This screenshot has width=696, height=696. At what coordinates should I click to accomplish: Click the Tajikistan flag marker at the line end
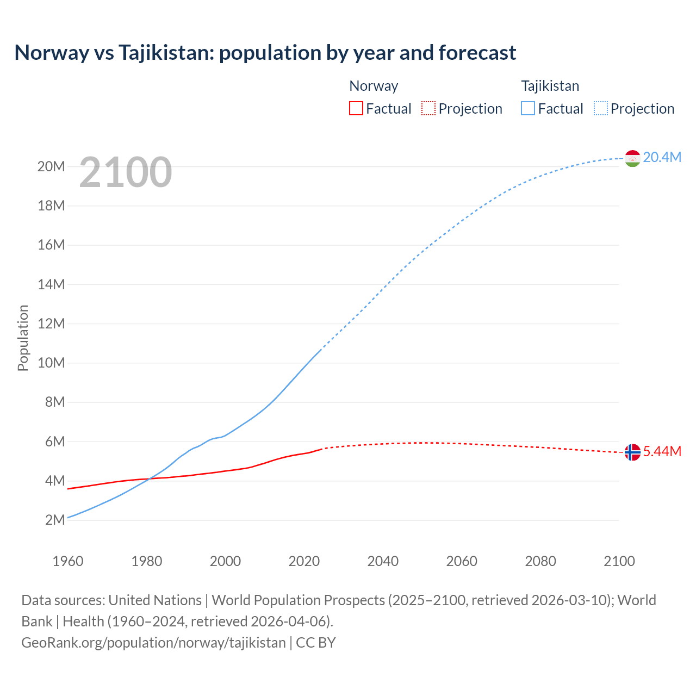pyautogui.click(x=632, y=158)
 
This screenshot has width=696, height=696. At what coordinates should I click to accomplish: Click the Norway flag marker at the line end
pyautogui.click(x=632, y=452)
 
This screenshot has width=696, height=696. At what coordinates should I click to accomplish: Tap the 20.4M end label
pyautogui.click(x=662, y=157)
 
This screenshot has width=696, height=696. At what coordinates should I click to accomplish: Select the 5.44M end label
pyautogui.click(x=662, y=452)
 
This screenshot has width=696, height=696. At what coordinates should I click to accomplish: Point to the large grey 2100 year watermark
pyautogui.click(x=126, y=172)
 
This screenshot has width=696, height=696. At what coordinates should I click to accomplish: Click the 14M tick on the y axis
pyautogui.click(x=51, y=284)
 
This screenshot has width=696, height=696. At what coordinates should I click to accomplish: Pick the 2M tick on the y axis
pyautogui.click(x=55, y=520)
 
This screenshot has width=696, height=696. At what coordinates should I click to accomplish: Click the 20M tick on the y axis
pyautogui.click(x=51, y=166)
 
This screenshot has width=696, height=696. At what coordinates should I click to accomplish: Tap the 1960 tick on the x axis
pyautogui.click(x=68, y=561)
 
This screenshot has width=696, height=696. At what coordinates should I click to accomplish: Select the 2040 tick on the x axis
pyautogui.click(x=383, y=561)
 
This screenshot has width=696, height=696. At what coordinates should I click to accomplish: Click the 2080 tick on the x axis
pyautogui.click(x=540, y=561)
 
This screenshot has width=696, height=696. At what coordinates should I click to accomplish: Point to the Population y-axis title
pyautogui.click(x=23, y=338)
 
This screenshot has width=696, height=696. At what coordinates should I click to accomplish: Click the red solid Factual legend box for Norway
pyautogui.click(x=356, y=108)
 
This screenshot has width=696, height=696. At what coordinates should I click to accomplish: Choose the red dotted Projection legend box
pyautogui.click(x=428, y=108)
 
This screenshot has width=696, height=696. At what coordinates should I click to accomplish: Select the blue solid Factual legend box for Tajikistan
pyautogui.click(x=528, y=108)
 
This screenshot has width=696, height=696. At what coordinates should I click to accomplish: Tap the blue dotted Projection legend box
pyautogui.click(x=601, y=108)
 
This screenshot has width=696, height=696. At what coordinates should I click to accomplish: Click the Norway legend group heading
pyautogui.click(x=374, y=86)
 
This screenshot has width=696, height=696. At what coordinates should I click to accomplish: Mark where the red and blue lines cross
pyautogui.click(x=149, y=478)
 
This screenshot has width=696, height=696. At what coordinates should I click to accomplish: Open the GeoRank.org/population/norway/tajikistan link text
pyautogui.click(x=153, y=642)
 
